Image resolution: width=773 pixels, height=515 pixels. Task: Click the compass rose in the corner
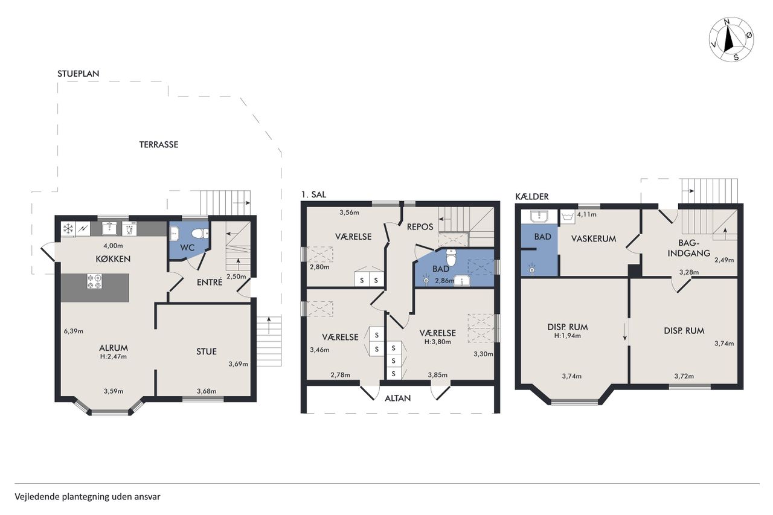tap(731, 40)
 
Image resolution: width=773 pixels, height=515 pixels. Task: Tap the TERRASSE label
tap(159, 144)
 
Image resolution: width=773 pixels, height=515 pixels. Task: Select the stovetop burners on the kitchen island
tap(94, 281)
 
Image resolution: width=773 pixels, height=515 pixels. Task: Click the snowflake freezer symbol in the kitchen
tap(68, 228)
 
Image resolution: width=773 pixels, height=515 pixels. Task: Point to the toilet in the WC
tap(200, 234)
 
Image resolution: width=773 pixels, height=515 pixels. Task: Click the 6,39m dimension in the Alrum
tap(74, 331)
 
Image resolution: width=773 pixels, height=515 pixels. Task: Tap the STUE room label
tap(207, 351)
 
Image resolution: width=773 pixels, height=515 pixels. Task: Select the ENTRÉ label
tap(210, 282)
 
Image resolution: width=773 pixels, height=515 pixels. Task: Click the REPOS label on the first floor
tap(420, 226)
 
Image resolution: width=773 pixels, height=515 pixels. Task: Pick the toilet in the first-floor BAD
tap(451, 257)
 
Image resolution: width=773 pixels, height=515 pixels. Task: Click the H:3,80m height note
tap(438, 342)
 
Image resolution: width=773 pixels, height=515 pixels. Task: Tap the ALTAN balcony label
tap(397, 398)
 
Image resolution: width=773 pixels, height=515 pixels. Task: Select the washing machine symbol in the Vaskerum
tap(568, 217)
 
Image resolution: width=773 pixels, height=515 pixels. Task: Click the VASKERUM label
tap(594, 238)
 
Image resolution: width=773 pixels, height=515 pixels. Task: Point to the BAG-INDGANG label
tap(689, 248)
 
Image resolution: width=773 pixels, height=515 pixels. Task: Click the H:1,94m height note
tap(568, 336)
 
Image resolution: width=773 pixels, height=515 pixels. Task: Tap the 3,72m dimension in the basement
tap(684, 376)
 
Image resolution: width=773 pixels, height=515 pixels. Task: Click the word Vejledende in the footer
tap(37, 497)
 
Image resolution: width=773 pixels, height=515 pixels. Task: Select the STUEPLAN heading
tap(79, 74)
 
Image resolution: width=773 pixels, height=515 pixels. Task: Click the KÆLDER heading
tap(532, 197)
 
